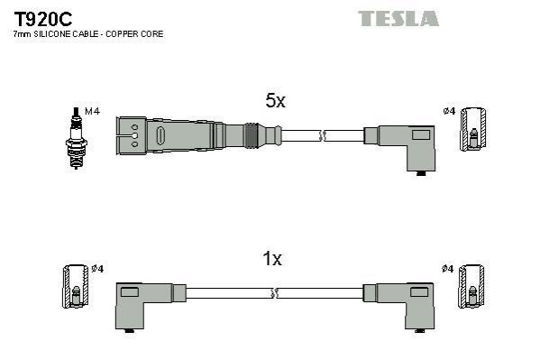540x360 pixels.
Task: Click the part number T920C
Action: point(42,19)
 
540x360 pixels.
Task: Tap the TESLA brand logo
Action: point(398,19)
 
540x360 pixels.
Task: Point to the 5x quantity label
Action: point(275,101)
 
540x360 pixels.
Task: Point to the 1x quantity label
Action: point(272,259)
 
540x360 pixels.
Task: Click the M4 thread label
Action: point(92,111)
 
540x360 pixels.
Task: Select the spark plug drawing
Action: point(76,138)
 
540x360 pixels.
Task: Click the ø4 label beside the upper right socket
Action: point(449,111)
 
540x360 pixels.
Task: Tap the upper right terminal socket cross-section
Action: point(473,129)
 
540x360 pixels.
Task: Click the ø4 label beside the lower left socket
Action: point(97,269)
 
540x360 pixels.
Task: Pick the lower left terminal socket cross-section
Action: point(76,286)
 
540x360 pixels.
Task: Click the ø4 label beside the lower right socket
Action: point(448,269)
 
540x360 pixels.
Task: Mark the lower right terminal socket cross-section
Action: point(471,286)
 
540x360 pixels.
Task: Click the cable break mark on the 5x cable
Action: point(323,135)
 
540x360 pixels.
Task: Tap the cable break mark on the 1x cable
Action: point(274,293)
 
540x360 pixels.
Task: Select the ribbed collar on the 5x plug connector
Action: point(251,135)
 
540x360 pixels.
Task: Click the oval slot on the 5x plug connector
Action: point(160,135)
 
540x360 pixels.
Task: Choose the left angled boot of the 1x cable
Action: point(144,306)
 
